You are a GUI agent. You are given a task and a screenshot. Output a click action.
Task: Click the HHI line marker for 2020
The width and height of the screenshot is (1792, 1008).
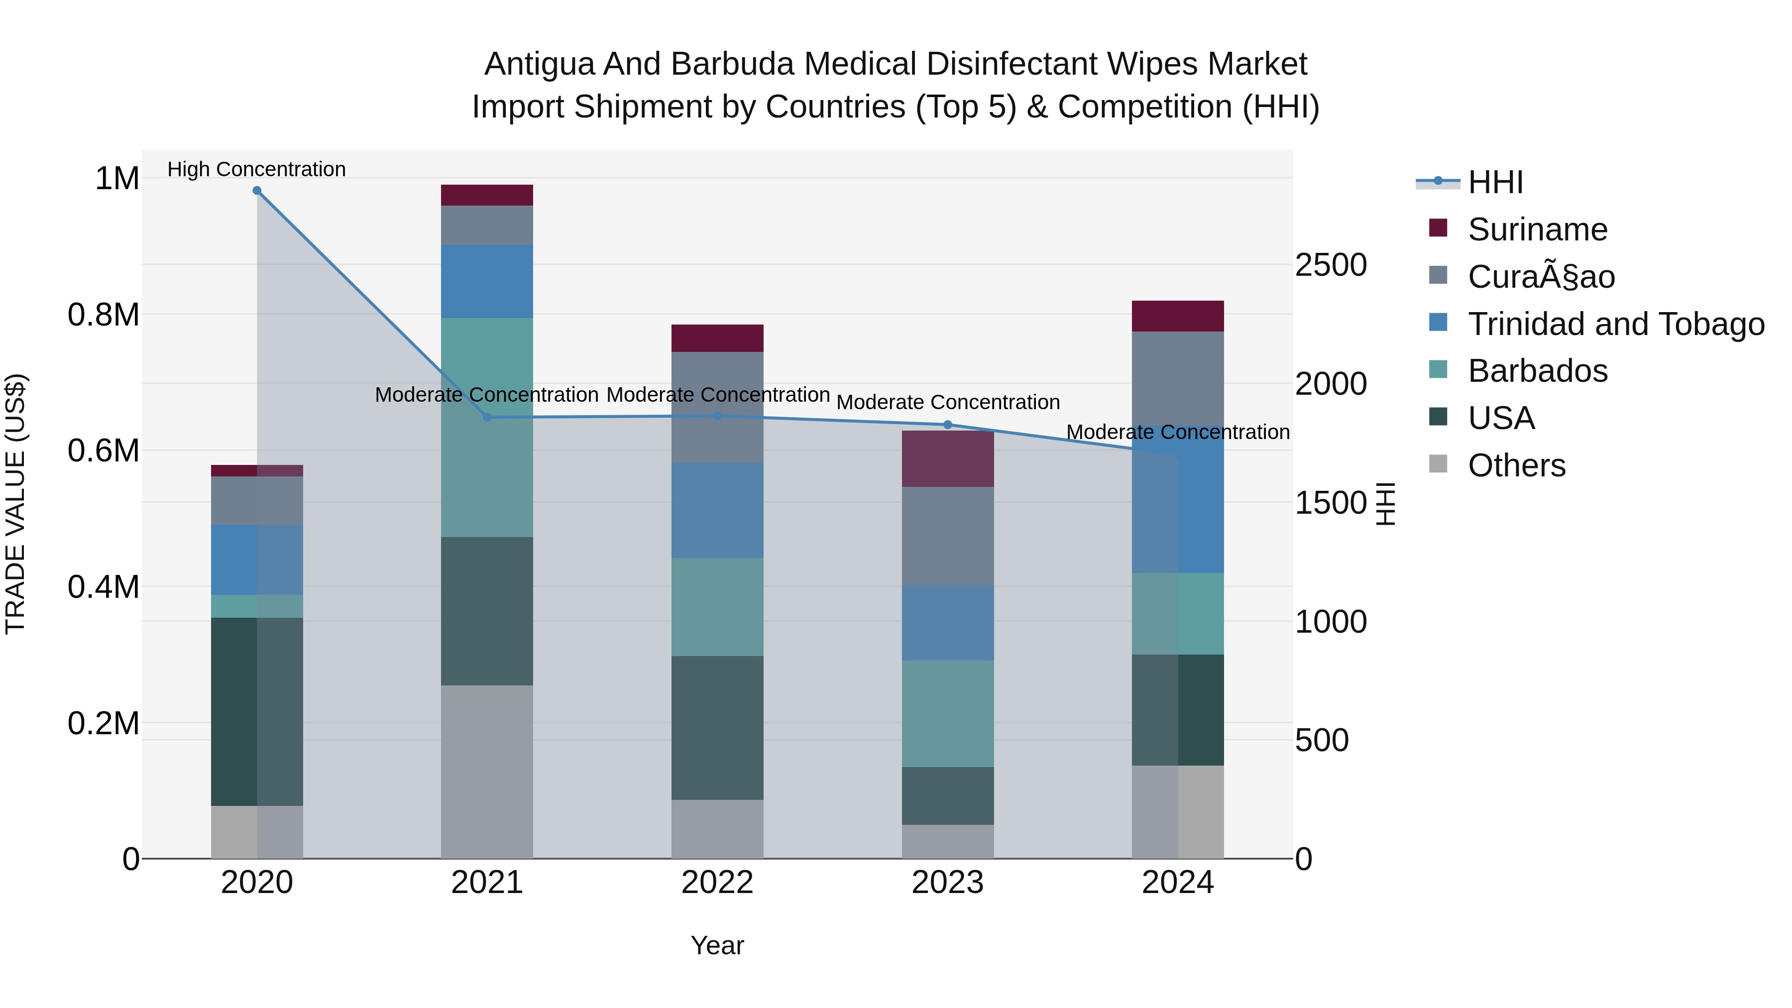click(257, 191)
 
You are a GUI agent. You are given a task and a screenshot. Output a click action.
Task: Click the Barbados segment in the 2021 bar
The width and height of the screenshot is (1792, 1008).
click(487, 427)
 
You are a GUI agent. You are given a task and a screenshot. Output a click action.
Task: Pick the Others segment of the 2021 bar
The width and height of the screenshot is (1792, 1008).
click(487, 772)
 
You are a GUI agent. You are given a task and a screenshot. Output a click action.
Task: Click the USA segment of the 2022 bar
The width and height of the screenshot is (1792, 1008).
click(717, 728)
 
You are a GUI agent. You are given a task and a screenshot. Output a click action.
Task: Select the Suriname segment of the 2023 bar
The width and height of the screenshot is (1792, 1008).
click(947, 458)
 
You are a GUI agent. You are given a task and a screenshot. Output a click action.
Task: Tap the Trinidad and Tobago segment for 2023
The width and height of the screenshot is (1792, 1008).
click(947, 623)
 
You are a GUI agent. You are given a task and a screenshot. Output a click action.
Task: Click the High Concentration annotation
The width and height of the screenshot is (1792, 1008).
click(257, 169)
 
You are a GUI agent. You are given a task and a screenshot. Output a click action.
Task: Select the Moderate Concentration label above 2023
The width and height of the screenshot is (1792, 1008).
click(947, 402)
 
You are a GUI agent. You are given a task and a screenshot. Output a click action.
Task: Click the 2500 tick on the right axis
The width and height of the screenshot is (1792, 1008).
click(1330, 265)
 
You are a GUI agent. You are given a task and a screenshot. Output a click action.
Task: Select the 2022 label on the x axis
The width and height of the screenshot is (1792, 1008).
click(717, 883)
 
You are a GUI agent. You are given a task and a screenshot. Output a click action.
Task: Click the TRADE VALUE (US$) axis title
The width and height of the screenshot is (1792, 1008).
click(15, 504)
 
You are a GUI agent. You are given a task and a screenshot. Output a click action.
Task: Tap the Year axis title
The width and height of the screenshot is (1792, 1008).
click(717, 945)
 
